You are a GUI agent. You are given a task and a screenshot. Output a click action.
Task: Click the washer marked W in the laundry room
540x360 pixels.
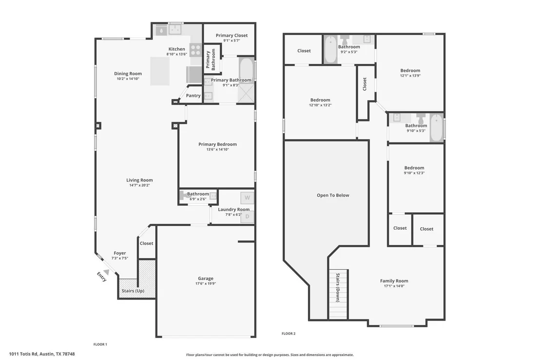[247, 198]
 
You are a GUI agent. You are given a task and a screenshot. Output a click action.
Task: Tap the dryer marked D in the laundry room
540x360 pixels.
[247, 217]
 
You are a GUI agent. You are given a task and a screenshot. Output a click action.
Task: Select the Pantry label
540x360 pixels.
[193, 96]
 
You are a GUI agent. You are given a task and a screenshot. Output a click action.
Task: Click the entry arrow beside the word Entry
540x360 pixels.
[106, 272]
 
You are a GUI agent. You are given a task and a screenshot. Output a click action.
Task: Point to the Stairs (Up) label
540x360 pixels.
[133, 291]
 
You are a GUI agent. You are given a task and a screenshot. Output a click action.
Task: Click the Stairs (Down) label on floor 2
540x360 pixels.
[338, 288]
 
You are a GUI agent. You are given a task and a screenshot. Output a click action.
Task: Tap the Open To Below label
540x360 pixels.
[333, 195]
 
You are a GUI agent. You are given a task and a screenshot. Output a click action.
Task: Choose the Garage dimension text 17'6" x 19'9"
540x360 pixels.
[206, 283]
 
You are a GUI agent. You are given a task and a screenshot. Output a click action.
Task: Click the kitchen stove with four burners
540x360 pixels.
[195, 50]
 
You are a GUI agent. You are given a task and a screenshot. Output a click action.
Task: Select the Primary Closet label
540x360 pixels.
[232, 35]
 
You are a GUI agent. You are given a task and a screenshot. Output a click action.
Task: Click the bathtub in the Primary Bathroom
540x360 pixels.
[247, 70]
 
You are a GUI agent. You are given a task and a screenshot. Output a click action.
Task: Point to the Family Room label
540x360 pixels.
[394, 280]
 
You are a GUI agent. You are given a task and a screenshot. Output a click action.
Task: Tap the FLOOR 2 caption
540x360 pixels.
[289, 334]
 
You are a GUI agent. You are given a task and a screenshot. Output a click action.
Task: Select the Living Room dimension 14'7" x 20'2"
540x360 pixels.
[139, 185]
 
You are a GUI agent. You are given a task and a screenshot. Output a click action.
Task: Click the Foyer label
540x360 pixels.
[120, 253]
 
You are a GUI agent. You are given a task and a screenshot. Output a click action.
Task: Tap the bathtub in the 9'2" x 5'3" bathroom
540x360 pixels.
[330, 49]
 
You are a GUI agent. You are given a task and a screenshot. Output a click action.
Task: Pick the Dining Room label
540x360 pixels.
[128, 74]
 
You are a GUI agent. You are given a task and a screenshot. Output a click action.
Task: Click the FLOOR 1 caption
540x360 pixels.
[100, 344]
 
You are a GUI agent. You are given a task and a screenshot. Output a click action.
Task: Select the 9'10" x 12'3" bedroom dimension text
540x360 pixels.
[414, 173]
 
